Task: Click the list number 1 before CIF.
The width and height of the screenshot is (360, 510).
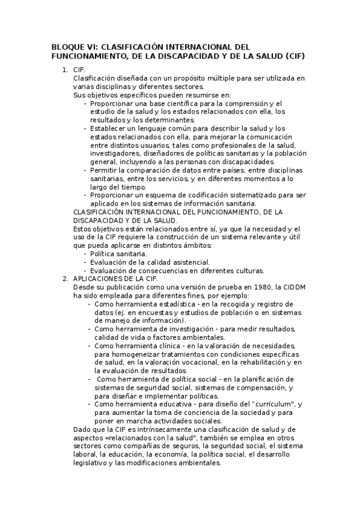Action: pos(64,70)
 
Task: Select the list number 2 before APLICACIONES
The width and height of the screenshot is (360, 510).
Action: pos(64,279)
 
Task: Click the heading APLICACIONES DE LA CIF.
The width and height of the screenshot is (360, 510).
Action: pos(115,279)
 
